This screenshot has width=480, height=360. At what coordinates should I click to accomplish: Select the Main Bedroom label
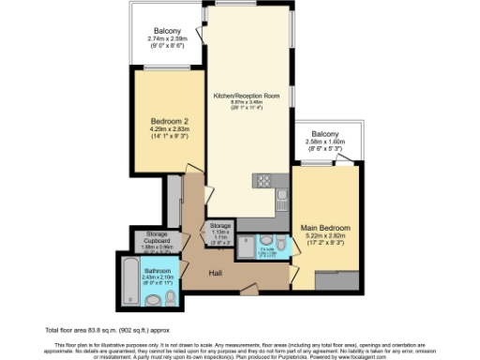point(324,228)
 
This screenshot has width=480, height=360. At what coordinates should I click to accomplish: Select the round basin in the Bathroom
point(152,300)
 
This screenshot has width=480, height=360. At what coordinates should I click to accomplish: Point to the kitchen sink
point(280,195)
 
